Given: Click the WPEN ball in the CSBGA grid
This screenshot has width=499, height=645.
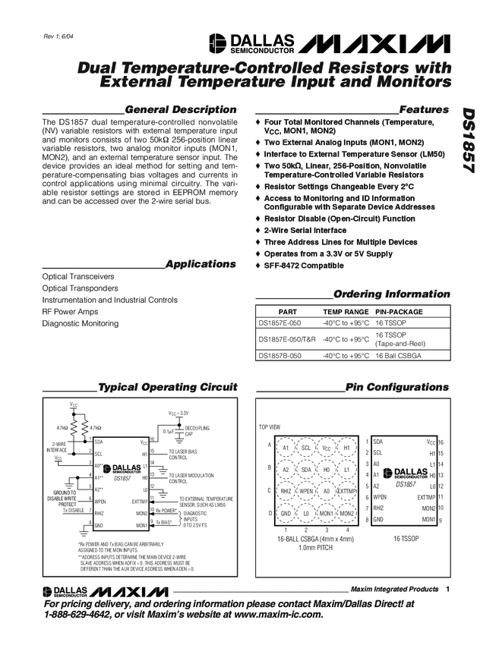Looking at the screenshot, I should [306, 491].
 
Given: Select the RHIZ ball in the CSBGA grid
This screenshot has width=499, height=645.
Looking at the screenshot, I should [286, 491].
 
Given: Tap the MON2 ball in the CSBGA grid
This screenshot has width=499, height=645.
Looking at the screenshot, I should [347, 513].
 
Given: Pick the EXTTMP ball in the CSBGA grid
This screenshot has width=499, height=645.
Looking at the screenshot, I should [347, 491].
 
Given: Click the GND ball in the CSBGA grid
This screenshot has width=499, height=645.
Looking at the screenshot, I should [286, 513].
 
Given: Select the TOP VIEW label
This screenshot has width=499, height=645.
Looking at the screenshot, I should [270, 426].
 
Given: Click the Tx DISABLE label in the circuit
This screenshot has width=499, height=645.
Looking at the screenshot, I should [74, 511].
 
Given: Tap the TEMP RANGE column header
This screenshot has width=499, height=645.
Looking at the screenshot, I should [346, 312].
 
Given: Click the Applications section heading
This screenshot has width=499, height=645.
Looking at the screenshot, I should [201, 264].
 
